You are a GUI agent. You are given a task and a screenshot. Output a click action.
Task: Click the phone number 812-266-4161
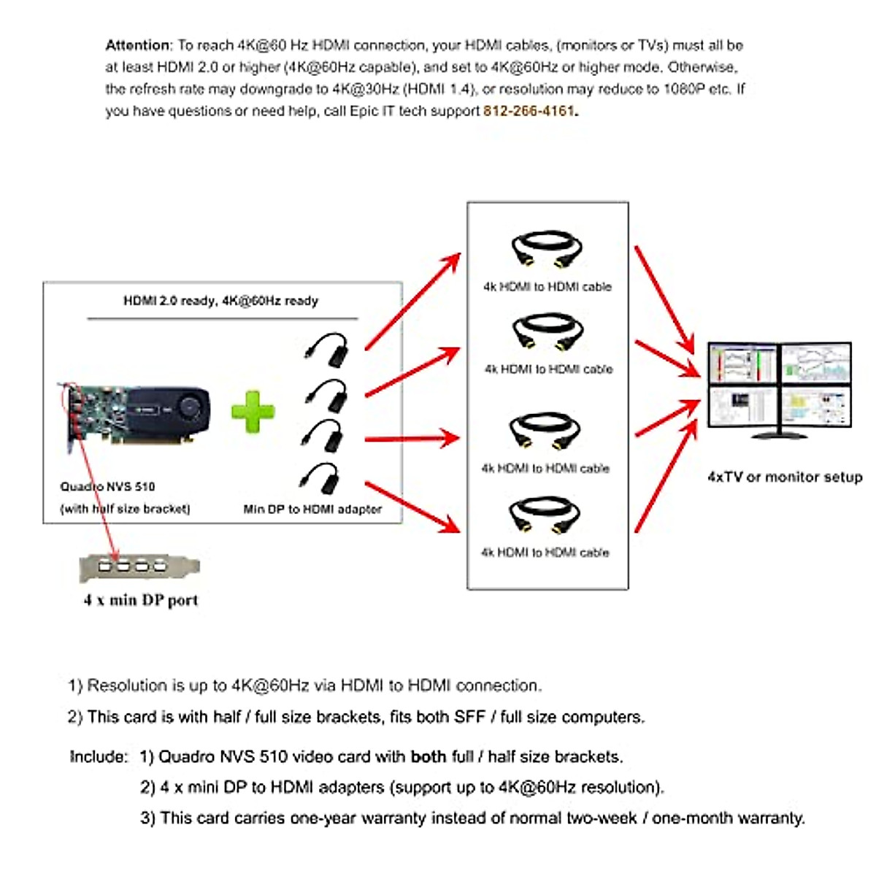coord(529,111)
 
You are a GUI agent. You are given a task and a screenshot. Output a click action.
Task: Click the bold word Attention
coord(138,45)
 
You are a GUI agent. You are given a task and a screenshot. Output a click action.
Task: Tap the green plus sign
coord(253,412)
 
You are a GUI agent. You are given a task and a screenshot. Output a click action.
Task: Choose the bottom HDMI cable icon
coord(544,515)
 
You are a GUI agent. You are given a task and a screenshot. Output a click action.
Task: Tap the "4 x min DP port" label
coord(141,600)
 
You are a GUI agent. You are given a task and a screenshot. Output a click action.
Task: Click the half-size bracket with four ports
coord(139,566)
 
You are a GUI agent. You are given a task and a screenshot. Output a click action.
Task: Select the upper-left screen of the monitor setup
coord(743,363)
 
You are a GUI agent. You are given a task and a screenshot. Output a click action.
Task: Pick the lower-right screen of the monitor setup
coord(815,407)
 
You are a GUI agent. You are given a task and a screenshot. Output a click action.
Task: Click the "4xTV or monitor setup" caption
coord(785,477)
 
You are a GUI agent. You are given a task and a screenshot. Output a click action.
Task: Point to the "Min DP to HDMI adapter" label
coord(312,509)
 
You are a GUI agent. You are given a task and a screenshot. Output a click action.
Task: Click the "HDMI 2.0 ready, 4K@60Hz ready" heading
coord(220,300)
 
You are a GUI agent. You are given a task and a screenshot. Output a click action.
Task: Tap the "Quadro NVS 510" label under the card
coord(107,486)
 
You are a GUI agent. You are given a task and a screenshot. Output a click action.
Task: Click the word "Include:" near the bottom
coord(99,756)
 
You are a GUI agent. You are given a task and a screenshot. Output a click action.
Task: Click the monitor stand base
coord(779,435)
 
